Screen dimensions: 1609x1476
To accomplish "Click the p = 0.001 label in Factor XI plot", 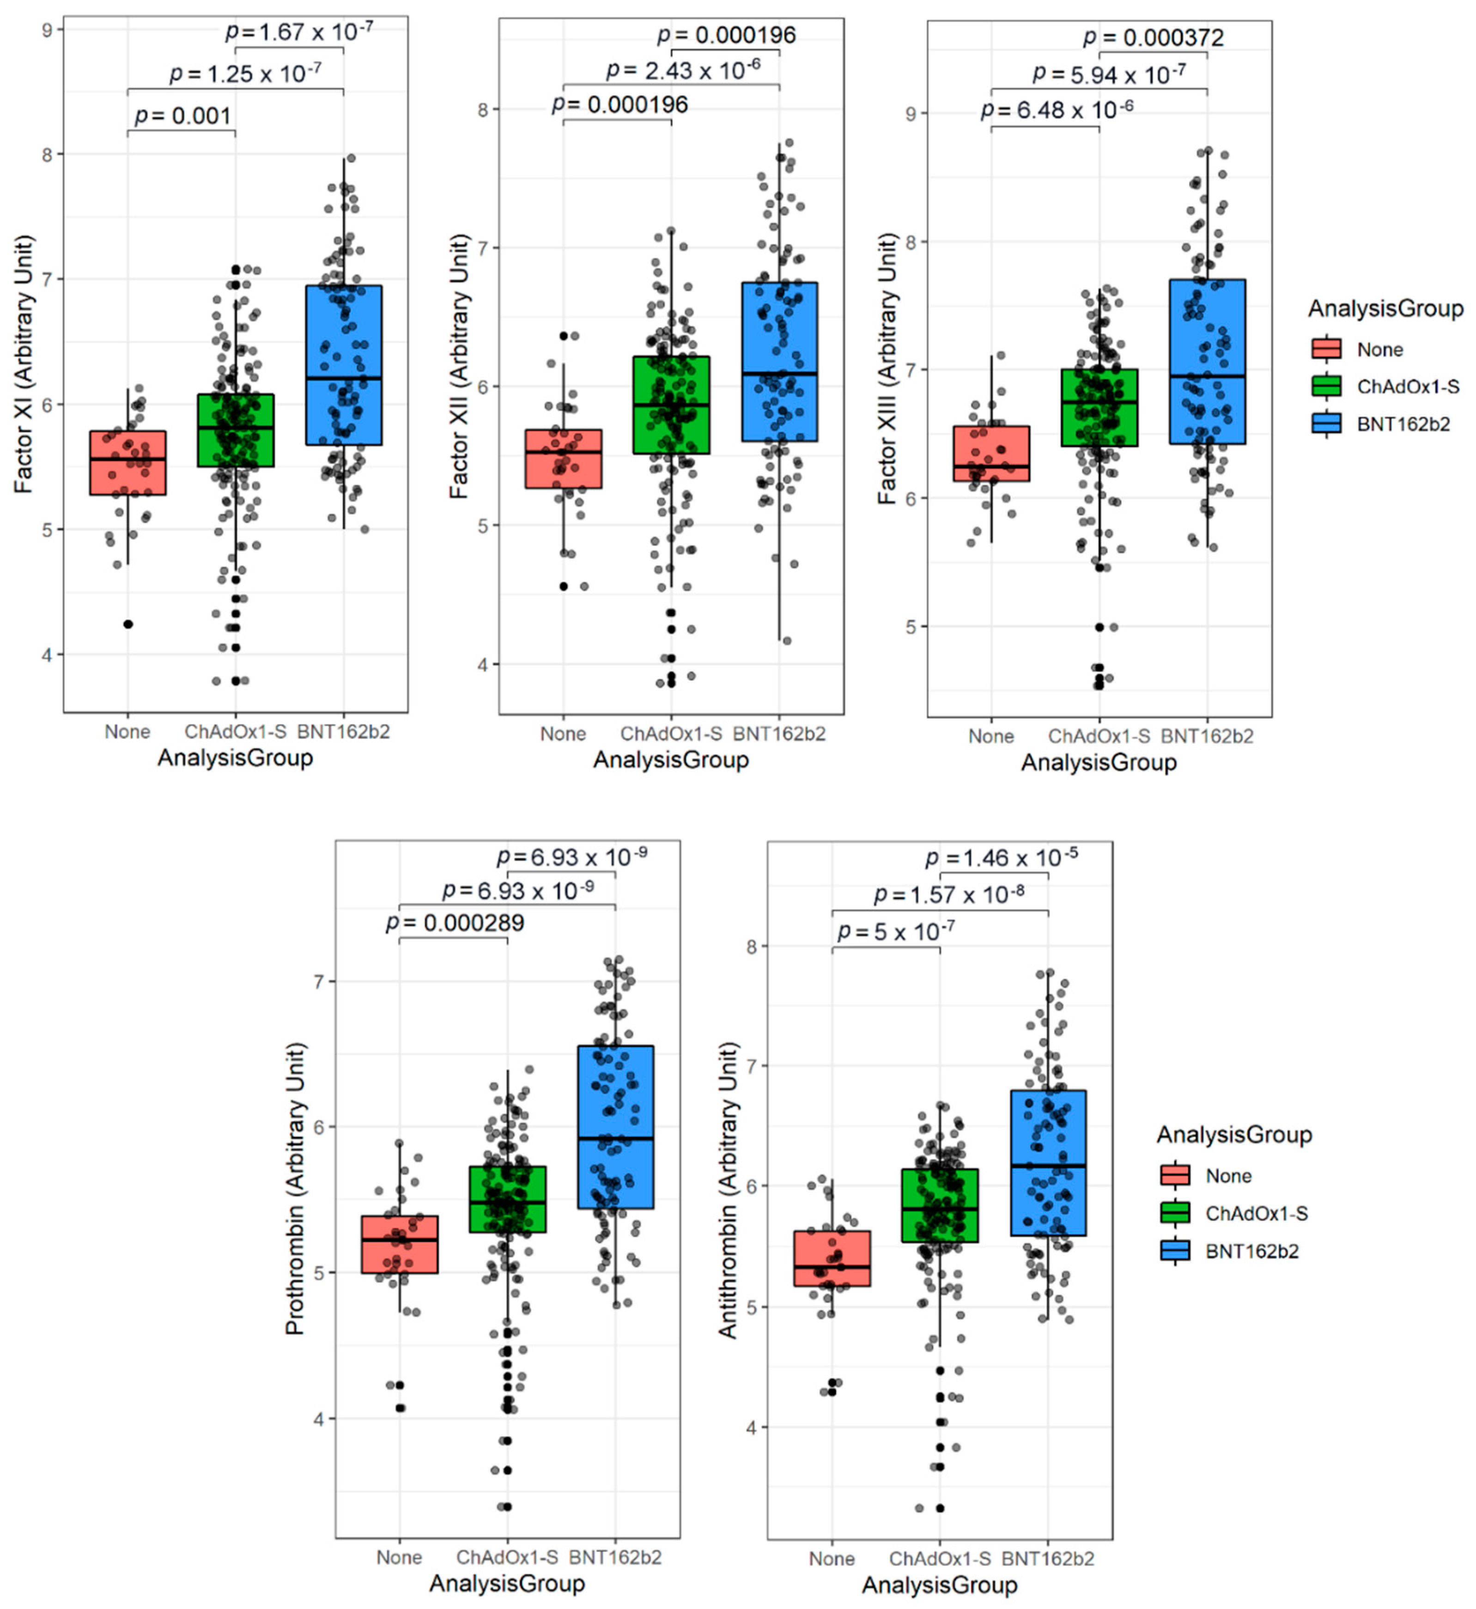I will click(x=183, y=116).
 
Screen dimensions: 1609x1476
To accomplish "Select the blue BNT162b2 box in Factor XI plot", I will click(x=343, y=365).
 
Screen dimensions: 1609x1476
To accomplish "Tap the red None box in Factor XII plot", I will click(x=563, y=459).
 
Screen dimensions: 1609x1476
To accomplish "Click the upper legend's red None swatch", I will click(x=1327, y=350).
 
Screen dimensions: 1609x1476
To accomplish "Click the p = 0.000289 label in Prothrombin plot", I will click(x=455, y=923).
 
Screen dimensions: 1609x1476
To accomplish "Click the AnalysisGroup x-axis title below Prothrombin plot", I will click(x=507, y=1583).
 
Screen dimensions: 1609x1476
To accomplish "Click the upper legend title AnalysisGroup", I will click(x=1385, y=309).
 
